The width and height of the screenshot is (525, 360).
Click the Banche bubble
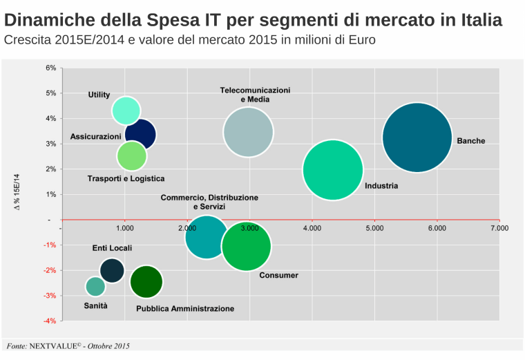[417, 138]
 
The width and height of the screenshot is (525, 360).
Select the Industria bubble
[333, 170]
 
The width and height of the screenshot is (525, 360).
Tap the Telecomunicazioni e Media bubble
[249, 132]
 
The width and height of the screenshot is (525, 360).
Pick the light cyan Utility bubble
[126, 110]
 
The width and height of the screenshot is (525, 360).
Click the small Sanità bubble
[95, 286]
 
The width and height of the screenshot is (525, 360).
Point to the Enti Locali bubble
[112, 270]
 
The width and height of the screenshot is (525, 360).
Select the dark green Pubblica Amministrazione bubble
[146, 281]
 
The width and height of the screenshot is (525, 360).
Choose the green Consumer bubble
[246, 247]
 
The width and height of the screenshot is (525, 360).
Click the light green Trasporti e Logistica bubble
[131, 156]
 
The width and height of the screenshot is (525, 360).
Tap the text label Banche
[470, 141]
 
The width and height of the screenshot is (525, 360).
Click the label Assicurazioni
[95, 137]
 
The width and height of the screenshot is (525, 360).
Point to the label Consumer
[278, 275]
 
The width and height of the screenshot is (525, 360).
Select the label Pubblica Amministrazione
[185, 308]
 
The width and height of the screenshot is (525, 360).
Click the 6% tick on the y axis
[50, 68]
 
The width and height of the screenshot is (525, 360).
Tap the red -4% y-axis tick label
[50, 321]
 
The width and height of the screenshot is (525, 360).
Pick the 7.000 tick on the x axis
[499, 227]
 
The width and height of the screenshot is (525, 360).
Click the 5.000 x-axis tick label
[374, 227]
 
